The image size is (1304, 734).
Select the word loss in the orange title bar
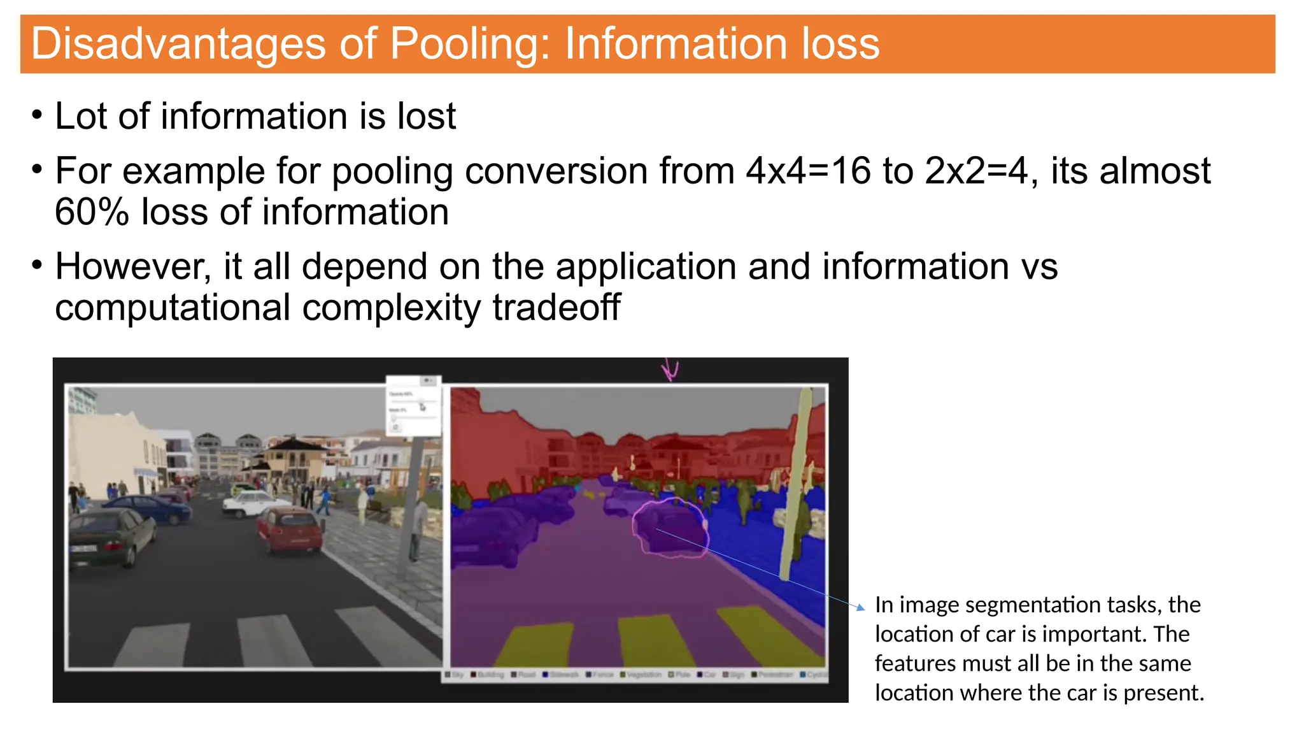[840, 44]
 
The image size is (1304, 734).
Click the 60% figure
[92, 212]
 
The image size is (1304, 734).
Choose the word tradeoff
[556, 308]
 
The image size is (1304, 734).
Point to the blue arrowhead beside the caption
[861, 608]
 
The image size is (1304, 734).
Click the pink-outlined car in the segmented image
[670, 529]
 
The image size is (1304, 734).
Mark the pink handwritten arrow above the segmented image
[669, 370]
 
